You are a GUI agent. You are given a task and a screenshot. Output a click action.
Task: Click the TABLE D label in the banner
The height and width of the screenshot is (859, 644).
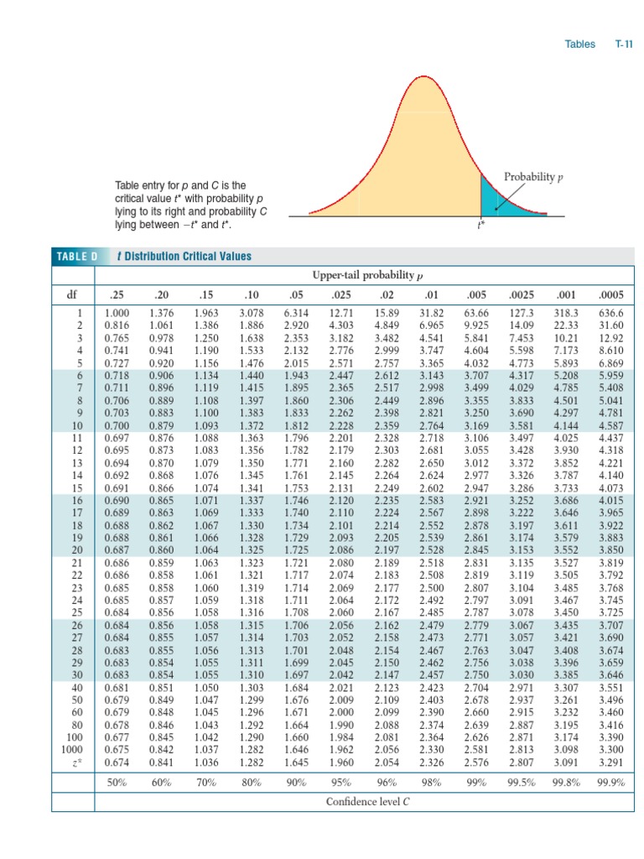[77, 256]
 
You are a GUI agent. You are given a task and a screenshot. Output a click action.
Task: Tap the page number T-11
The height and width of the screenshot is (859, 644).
[623, 44]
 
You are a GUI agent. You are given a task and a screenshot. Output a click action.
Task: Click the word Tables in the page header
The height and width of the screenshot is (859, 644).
[579, 44]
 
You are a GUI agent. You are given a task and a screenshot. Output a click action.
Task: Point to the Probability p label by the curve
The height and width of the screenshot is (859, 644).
[532, 176]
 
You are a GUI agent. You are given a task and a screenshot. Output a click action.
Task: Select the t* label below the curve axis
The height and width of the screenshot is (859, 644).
[480, 225]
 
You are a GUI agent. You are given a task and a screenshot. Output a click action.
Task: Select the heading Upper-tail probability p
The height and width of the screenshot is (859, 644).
[367, 275]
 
